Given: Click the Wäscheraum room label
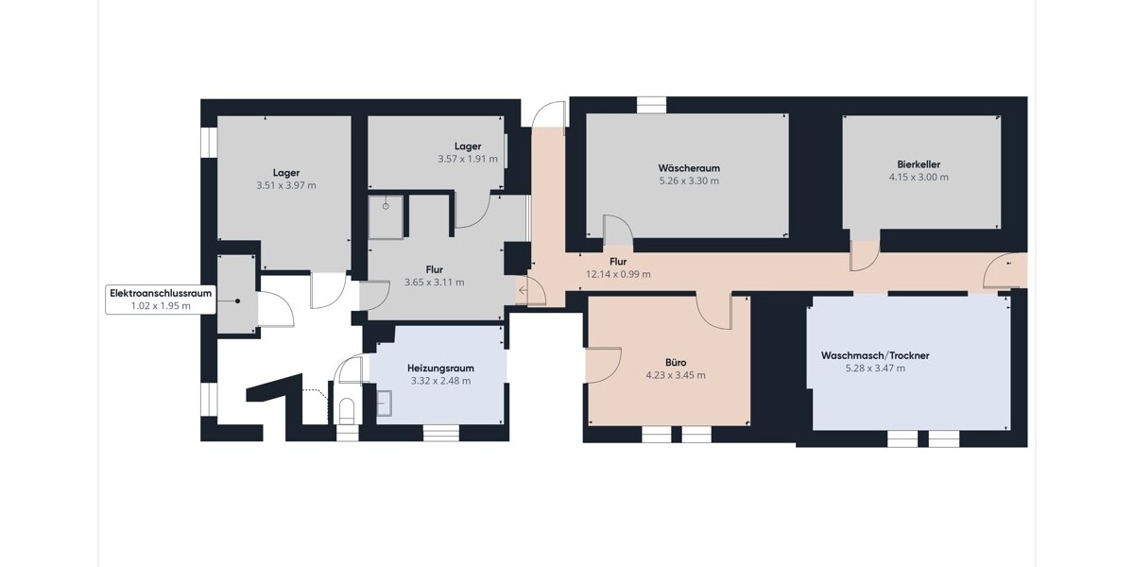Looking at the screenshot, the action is (689, 168).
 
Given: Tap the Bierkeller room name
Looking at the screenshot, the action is (919, 164).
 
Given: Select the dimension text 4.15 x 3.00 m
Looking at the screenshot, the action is (919, 178).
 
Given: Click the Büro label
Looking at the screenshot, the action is (676, 363).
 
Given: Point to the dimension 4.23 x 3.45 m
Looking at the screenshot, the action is (676, 375).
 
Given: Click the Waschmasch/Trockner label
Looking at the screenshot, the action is (875, 355).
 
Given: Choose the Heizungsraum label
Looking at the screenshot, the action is (441, 368).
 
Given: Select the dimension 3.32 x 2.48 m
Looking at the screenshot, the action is (441, 381).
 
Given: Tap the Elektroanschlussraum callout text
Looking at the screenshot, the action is (161, 293).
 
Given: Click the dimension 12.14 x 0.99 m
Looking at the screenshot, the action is (618, 274).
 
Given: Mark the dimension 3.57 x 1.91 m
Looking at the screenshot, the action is (468, 159).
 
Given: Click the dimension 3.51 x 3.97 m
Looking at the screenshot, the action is (286, 185).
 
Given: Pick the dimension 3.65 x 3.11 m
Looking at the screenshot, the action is (435, 283).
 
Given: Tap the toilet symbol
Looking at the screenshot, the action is (348, 410).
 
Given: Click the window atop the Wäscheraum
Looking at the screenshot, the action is (651, 105).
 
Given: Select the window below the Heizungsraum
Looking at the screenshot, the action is (441, 433).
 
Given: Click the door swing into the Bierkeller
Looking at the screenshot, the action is (865, 256).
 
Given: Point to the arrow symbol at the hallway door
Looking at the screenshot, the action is (523, 291).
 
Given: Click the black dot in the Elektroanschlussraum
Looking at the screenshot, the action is (237, 301).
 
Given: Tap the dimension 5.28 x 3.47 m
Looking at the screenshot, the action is (875, 368).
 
